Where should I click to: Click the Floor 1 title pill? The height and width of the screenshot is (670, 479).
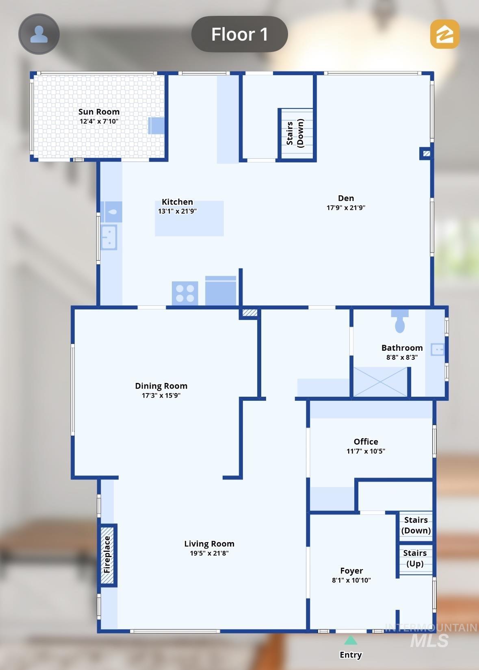[239, 34]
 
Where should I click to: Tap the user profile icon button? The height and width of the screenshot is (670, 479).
[39, 34]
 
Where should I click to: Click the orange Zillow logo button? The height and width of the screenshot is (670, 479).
[444, 34]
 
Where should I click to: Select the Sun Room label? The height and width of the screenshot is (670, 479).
[99, 112]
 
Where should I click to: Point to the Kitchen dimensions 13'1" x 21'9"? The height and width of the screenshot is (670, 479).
[178, 211]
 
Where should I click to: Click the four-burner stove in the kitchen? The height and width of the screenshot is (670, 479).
[185, 294]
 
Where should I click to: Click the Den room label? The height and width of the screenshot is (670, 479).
[346, 198]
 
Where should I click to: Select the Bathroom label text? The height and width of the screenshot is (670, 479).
[402, 348]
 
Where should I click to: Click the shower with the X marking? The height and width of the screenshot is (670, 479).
[380, 382]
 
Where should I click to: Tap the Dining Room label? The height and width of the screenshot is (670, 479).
[161, 386]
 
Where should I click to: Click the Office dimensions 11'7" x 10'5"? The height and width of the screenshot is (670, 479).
[366, 451]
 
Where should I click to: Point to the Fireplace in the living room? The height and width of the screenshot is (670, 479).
[107, 555]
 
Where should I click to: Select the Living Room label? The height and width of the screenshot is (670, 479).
[209, 544]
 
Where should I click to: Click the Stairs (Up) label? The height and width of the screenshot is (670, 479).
[415, 558]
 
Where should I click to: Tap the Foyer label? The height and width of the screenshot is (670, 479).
[351, 571]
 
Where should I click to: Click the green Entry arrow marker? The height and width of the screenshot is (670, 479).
[351, 640]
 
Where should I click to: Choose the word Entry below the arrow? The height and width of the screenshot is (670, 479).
[351, 655]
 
